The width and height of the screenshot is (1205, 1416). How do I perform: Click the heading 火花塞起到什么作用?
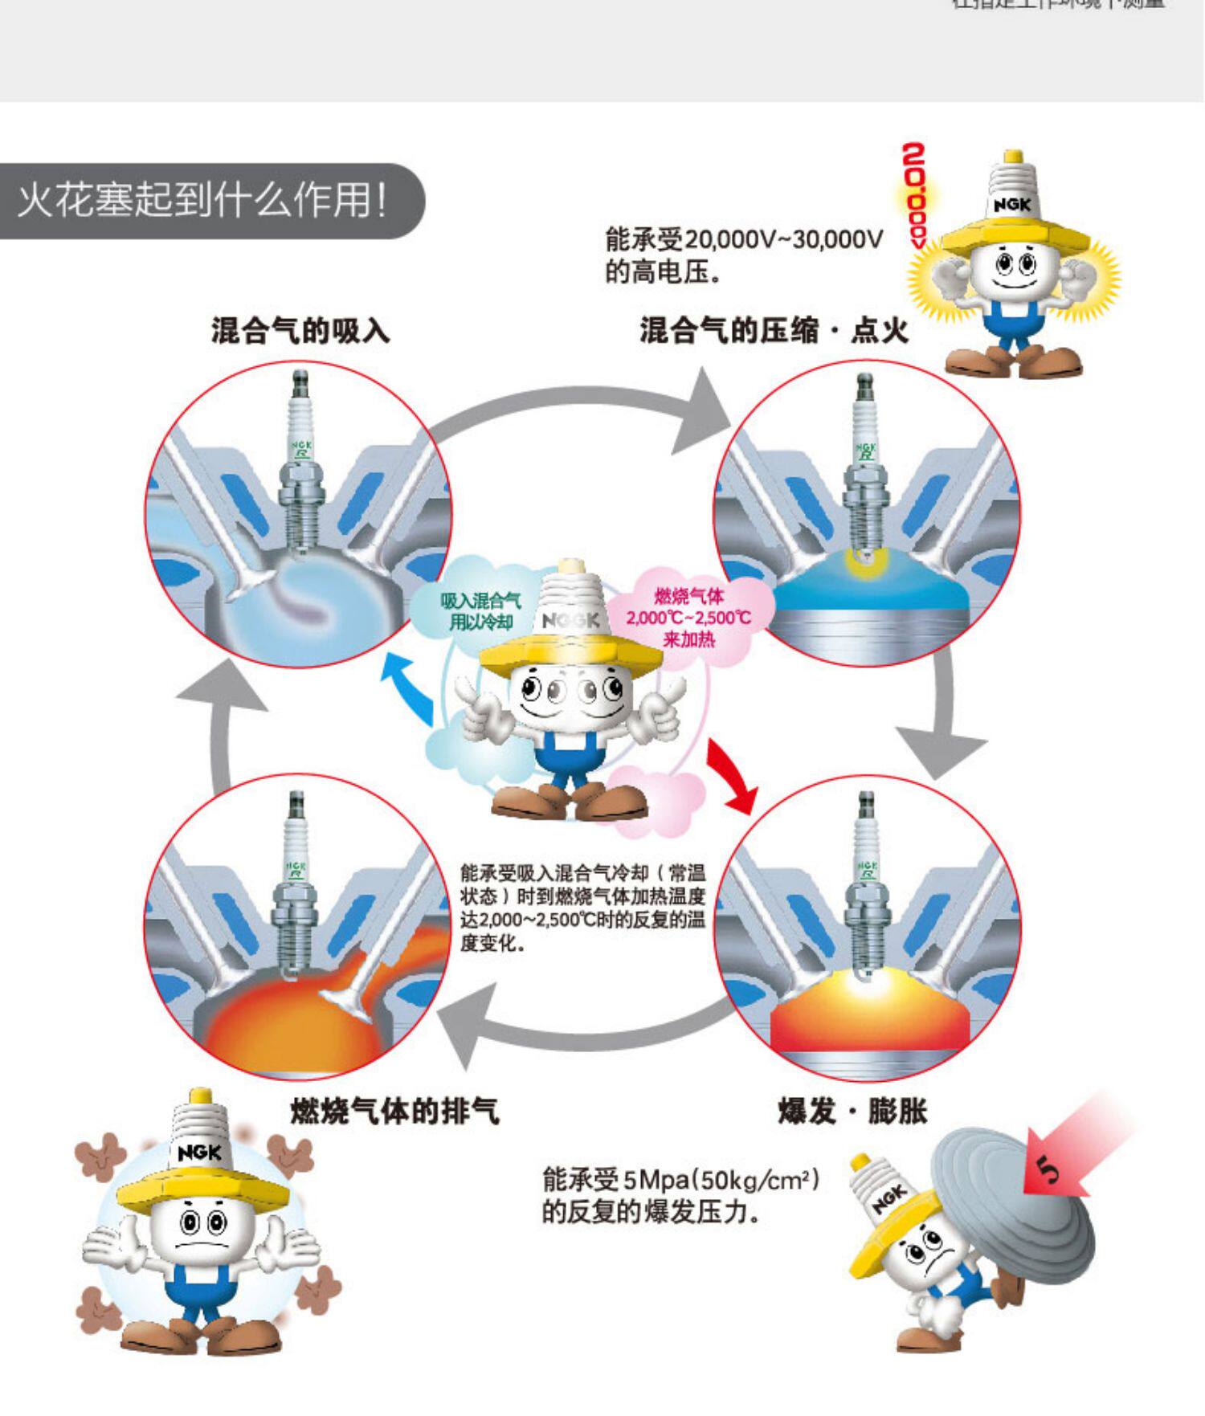[x=202, y=201]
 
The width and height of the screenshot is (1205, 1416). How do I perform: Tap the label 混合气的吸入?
[x=300, y=330]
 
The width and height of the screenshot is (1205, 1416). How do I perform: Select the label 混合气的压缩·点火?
[x=774, y=330]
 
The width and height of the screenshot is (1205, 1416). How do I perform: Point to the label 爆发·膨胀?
[x=852, y=1112]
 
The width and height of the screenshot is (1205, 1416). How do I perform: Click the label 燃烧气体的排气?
[x=394, y=1112]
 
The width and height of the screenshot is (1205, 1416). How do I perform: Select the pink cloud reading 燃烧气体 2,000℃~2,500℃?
[x=688, y=617]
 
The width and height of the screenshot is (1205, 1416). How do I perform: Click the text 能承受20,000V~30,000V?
[x=744, y=239]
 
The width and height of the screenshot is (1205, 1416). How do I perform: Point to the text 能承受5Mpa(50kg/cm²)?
[x=681, y=1180]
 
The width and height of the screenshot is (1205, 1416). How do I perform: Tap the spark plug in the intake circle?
[x=300, y=466]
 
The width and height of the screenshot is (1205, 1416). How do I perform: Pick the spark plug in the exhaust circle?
[x=296, y=883]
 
